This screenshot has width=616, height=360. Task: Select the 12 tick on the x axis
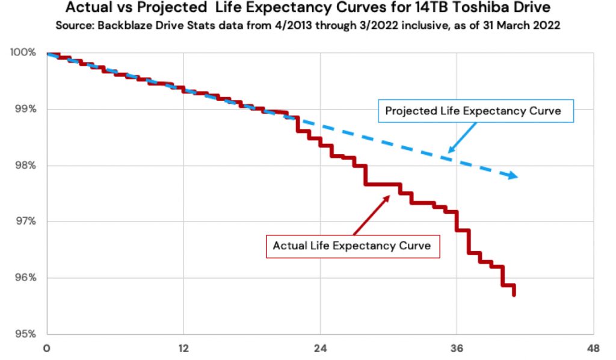coord(183,348)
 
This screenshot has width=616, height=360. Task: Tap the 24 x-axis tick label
coord(320,348)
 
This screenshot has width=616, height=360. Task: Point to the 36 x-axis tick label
coord(457,348)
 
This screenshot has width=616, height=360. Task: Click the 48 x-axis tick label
coord(593,348)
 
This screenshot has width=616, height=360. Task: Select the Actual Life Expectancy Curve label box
coord(352,246)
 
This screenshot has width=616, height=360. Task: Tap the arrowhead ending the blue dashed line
coord(512,175)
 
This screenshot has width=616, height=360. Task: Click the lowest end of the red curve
coord(514,295)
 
